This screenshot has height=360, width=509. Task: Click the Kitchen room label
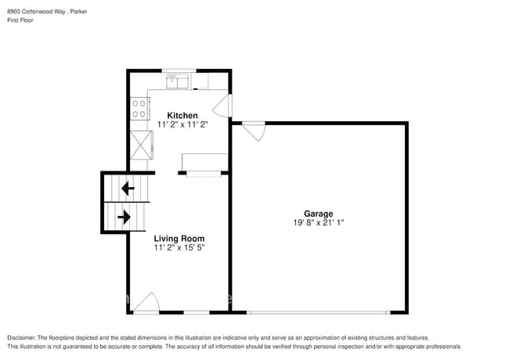pos(182,115)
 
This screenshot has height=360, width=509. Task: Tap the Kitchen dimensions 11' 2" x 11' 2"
pos(182,124)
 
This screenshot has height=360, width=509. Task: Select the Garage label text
pos(319,214)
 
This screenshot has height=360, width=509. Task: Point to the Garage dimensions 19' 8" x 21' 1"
pos(319,223)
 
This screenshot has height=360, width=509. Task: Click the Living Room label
pos(179,239)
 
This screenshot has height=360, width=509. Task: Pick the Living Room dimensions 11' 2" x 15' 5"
pos(179,248)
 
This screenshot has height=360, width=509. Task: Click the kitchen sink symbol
pos(178,80)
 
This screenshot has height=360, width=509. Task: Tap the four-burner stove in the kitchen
pos(139,108)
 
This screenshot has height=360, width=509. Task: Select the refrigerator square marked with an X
pos(142,145)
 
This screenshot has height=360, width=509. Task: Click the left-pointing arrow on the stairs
pos(125,189)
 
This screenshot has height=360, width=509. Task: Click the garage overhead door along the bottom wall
pos(318,313)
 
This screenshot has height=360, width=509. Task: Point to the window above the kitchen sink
pos(178,70)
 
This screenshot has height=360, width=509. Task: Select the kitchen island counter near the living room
pos(204,162)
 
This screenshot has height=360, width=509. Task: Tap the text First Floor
pos(21,20)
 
